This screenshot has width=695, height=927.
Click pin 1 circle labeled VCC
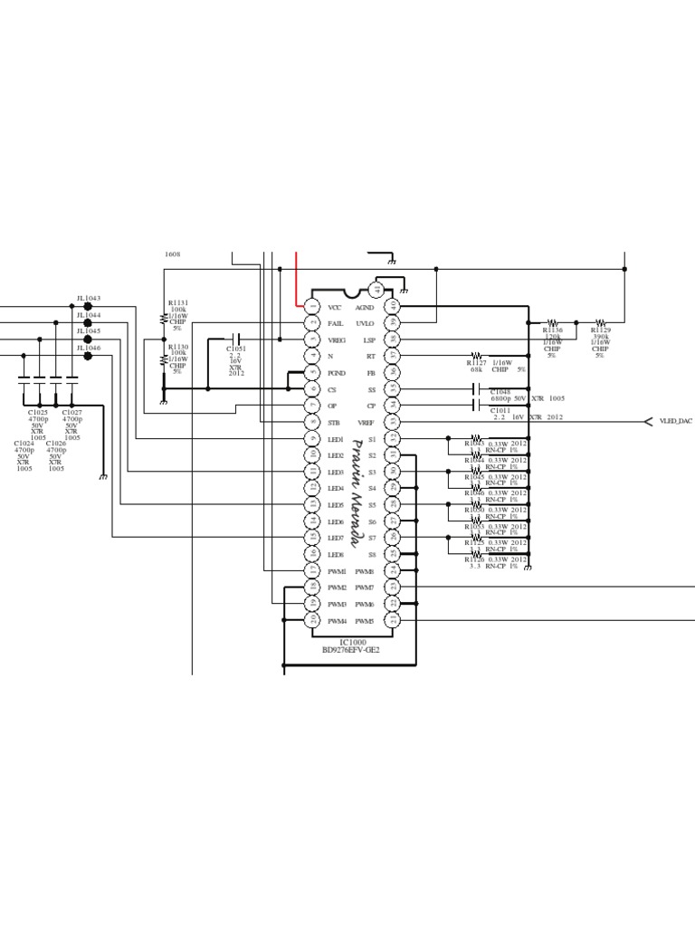coord(313,307)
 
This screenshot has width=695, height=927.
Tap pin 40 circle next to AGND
coord(393,307)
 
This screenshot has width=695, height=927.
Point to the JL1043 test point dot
coord(88,307)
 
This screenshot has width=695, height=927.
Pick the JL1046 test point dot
coord(88,356)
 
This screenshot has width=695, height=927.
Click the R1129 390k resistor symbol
coord(601,322)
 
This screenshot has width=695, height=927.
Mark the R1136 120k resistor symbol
coord(552,322)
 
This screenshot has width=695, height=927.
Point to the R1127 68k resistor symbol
coord(478,357)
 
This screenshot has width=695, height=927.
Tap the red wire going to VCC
coord(298,281)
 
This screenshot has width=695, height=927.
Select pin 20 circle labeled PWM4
coord(313,620)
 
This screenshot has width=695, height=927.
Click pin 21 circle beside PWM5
coord(393,620)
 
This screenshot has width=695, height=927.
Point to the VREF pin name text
coord(367,423)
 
